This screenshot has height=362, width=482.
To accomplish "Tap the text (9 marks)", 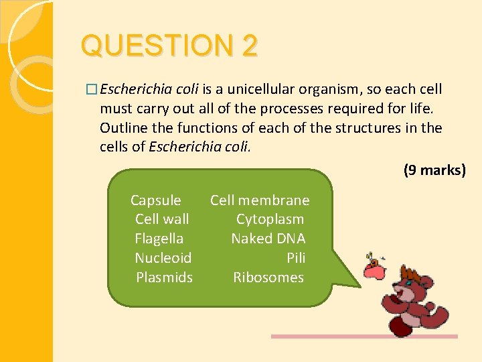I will pos(434,170).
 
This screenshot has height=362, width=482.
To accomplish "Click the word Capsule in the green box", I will pos(155,200).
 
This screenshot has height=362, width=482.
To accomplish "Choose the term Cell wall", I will pos(162,219).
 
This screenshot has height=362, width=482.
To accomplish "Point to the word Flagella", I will pos(159,239).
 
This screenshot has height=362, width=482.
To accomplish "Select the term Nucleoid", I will pos(163,258).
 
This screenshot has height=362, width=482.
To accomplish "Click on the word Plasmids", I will pos(164,278).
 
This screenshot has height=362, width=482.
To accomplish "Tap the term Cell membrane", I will pos(260,200).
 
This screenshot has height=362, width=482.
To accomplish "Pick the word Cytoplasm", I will pos(270,219).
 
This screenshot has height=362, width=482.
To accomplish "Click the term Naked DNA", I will pos(268,239).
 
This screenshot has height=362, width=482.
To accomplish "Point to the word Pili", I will pos(296,258).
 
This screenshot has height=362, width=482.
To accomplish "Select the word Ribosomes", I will pos(268,278).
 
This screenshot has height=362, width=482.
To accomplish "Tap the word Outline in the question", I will pos(123,128).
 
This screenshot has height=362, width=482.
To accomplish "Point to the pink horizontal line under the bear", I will pos(364,337).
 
